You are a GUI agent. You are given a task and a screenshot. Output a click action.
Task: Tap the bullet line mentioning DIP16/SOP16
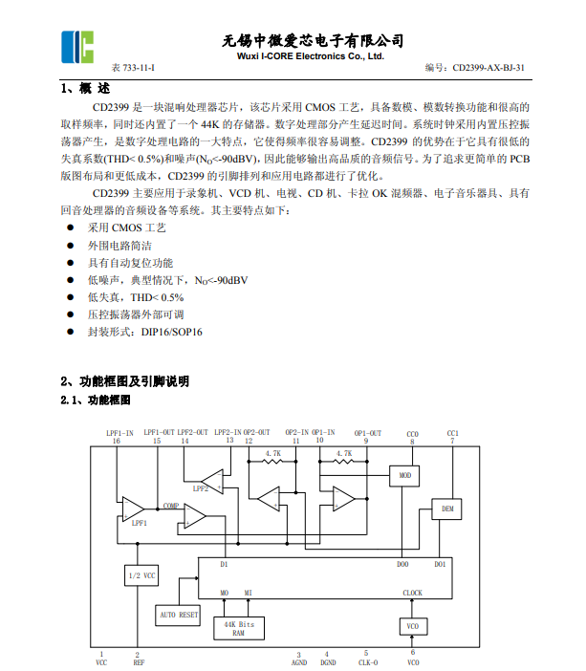(144, 332)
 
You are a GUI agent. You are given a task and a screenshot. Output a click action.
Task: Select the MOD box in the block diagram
(405, 475)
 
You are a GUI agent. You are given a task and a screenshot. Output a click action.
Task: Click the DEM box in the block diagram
(446, 509)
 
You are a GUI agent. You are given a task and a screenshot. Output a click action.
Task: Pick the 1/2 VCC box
(141, 575)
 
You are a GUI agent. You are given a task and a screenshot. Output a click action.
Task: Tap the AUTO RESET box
(179, 615)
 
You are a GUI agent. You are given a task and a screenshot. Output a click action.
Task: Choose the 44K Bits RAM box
(239, 628)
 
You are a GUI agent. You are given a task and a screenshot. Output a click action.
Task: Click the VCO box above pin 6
(413, 625)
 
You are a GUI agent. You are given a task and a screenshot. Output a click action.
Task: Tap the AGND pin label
(299, 661)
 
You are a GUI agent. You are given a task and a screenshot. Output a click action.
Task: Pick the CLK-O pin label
(367, 661)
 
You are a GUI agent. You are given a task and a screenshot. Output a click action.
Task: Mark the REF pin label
(139, 661)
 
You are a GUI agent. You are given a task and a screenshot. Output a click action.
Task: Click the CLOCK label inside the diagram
(412, 593)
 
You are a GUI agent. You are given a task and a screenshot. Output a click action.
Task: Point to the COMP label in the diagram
(170, 506)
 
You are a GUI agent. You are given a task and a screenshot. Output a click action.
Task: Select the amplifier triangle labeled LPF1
(133, 509)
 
